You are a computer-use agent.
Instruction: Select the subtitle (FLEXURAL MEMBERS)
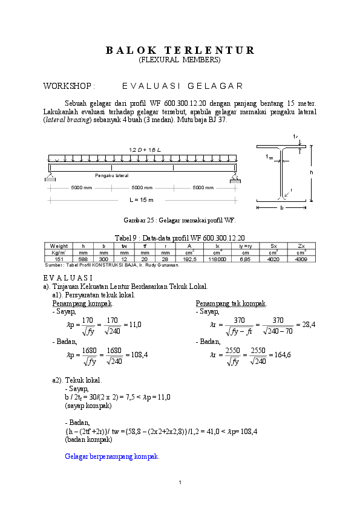coord(180,60)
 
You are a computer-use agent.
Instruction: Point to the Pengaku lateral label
coord(112,175)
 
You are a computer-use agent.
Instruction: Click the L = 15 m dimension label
coord(142,199)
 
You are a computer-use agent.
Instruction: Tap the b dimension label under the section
coord(281,207)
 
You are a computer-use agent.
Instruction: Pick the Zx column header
coord(301,246)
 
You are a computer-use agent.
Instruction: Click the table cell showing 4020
coord(273,258)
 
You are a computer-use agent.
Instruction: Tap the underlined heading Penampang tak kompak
coord(232,303)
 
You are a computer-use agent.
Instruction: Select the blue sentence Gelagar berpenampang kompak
coord(112,456)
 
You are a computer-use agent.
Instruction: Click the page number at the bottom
coord(180,482)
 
